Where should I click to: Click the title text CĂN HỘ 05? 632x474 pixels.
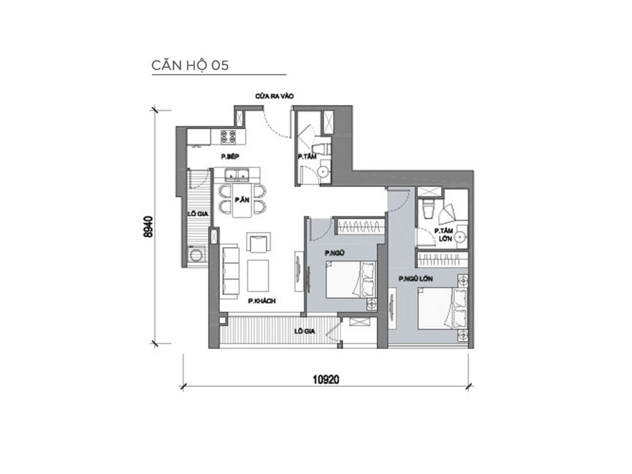tap(190, 66)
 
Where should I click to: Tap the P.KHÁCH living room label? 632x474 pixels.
tap(262, 301)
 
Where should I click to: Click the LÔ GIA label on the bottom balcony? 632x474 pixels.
tap(303, 331)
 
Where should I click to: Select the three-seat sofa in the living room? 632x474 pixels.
tap(229, 270)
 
